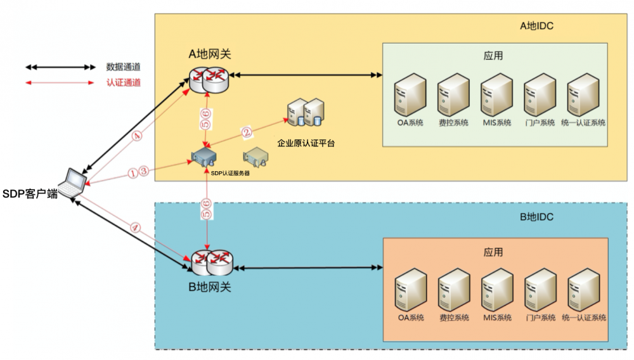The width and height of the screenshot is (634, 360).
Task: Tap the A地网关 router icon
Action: point(209,78)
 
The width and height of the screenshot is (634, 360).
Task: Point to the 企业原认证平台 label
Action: point(306,144)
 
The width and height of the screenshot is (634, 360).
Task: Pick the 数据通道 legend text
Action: point(123,67)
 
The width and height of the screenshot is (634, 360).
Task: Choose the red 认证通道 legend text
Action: point(123,82)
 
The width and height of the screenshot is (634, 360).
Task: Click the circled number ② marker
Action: point(247,133)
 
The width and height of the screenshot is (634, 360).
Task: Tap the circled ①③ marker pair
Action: point(138,171)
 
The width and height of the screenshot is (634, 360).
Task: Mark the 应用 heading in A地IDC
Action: point(493,56)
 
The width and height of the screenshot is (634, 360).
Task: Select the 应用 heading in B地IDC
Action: point(493,252)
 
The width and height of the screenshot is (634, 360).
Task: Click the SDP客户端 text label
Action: point(29,194)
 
